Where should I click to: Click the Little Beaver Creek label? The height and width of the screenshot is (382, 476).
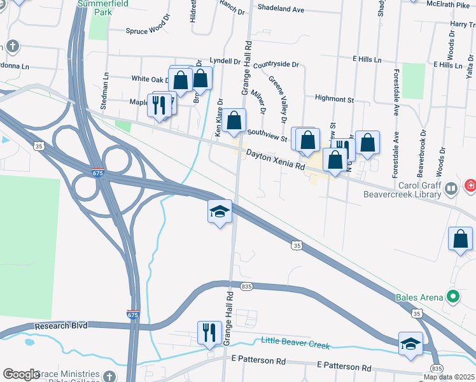[295, 343]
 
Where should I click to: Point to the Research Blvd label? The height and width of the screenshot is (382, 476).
[60, 325]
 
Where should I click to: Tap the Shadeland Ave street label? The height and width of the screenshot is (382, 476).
[281, 8]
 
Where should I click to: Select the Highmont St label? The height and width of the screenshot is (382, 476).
[334, 99]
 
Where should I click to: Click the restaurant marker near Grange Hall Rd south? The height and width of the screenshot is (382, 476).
[208, 332]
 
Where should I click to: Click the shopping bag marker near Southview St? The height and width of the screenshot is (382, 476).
[234, 120]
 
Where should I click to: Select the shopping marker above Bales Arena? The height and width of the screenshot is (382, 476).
[460, 239]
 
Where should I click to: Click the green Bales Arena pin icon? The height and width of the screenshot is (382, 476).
[453, 297]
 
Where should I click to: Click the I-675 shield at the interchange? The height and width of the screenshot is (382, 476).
[97, 173]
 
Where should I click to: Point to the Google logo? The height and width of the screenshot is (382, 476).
[21, 374]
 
